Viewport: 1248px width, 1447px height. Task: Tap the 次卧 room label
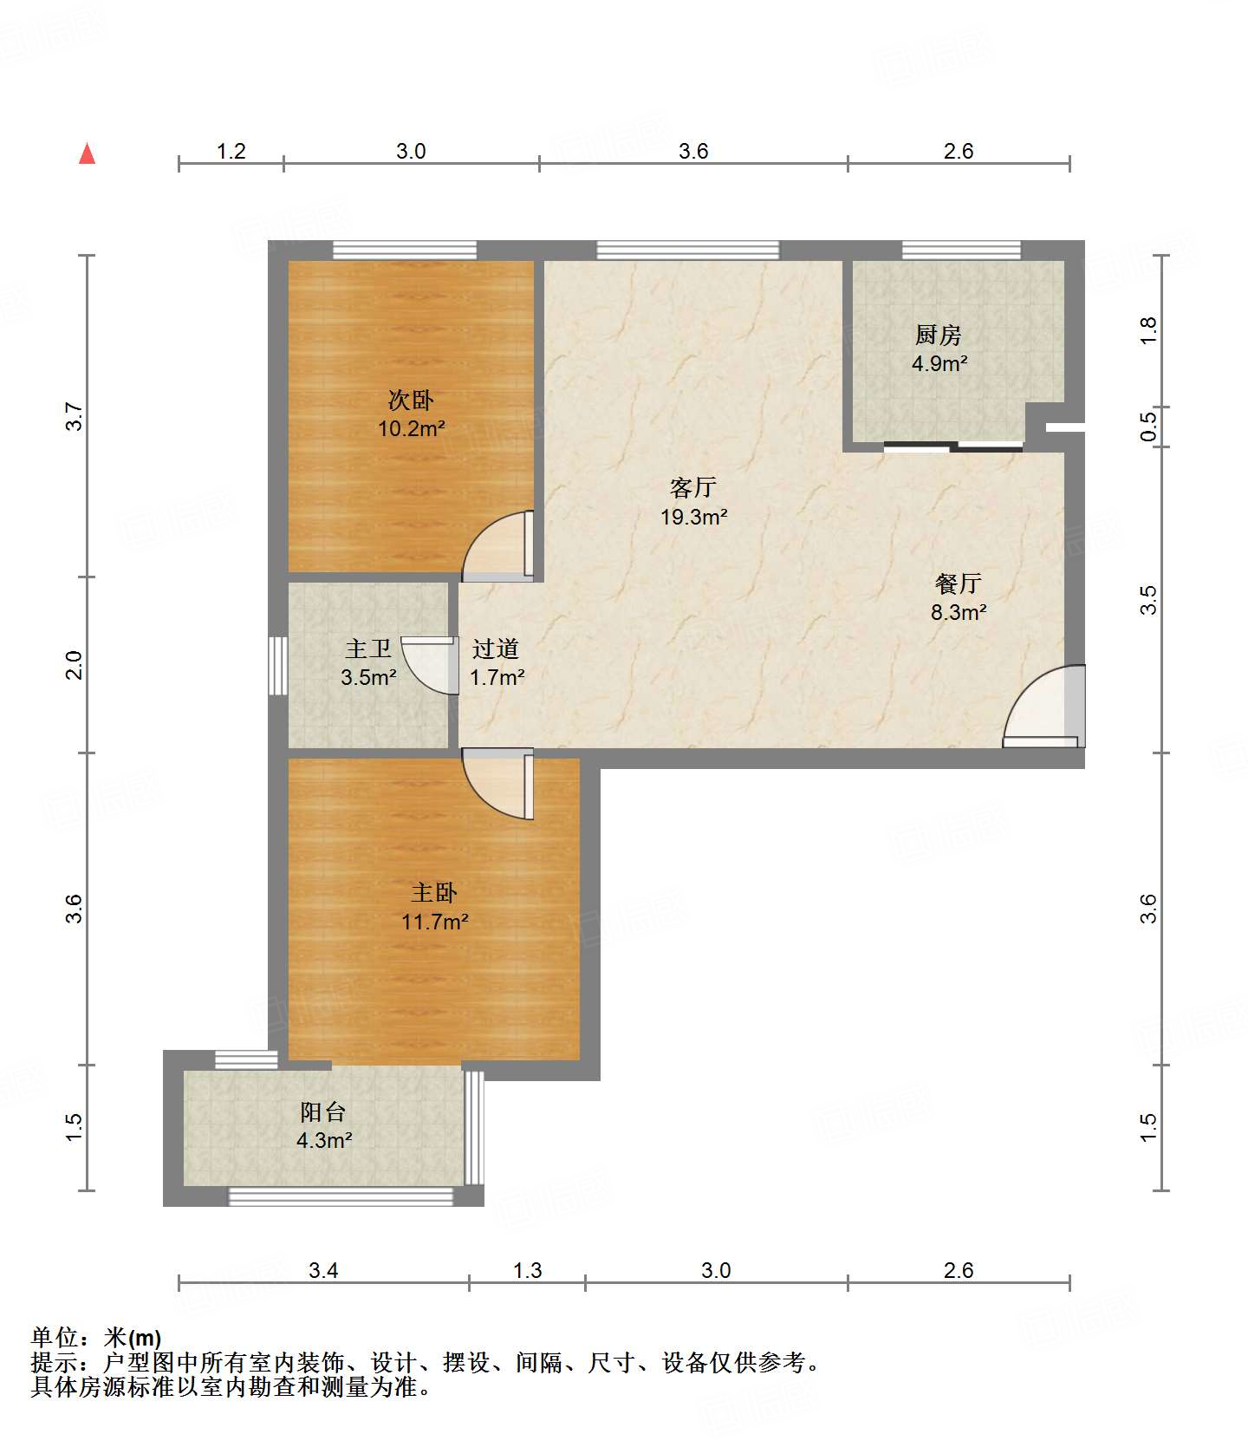pyautogui.click(x=411, y=400)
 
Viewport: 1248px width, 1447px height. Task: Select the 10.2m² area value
pyautogui.click(x=411, y=428)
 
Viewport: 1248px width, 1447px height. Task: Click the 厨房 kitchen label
pyautogui.click(x=939, y=335)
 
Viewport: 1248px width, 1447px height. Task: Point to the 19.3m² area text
pyautogui.click(x=693, y=517)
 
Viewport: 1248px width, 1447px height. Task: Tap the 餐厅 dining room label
pyautogui.click(x=958, y=583)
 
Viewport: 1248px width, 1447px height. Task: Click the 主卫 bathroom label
pyautogui.click(x=368, y=648)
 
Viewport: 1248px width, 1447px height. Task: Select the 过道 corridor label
pyautogui.click(x=496, y=648)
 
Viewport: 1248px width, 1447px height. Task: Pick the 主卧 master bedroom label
pyautogui.click(x=434, y=892)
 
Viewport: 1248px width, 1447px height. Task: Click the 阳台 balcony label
pyautogui.click(x=323, y=1111)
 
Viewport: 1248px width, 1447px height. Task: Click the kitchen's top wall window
pyautogui.click(x=961, y=250)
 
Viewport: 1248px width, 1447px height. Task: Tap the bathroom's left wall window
pyautogui.click(x=277, y=666)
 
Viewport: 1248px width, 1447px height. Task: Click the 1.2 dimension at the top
pyautogui.click(x=231, y=151)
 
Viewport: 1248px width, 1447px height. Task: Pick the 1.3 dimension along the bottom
pyautogui.click(x=527, y=1270)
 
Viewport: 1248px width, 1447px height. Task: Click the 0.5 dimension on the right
pyautogui.click(x=1148, y=427)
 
